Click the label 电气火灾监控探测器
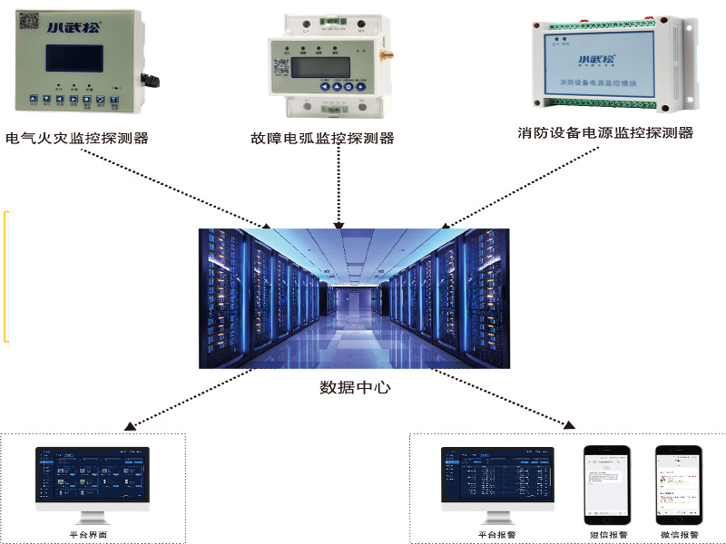coord(76,139)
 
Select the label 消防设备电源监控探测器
coord(605,133)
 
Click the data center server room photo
coord(354,297)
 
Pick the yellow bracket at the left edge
coord(6,277)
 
